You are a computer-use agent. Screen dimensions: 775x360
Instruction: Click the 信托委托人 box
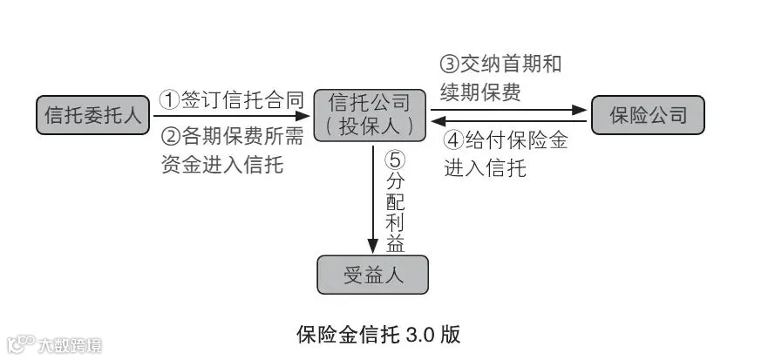tap(93, 115)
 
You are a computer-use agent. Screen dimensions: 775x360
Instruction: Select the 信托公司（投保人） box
tap(370, 115)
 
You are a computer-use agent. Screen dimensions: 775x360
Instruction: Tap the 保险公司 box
tap(648, 115)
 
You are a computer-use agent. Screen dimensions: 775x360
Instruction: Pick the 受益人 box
tap(372, 275)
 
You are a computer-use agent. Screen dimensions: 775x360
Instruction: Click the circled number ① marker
tap(169, 100)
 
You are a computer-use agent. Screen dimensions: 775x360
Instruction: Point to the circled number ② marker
tap(171, 137)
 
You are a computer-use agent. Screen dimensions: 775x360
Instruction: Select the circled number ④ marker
tap(453, 140)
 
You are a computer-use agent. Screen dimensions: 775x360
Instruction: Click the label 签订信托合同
tap(242, 100)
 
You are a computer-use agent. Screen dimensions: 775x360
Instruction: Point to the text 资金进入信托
tap(222, 165)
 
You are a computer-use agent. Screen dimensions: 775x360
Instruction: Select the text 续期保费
tap(480, 92)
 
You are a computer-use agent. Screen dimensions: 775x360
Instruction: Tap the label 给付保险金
tap(516, 140)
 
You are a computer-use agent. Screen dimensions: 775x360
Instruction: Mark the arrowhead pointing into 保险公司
tap(579, 110)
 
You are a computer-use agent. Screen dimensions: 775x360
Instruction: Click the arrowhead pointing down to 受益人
tap(373, 246)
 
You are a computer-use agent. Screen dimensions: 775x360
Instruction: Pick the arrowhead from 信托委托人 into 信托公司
tap(302, 116)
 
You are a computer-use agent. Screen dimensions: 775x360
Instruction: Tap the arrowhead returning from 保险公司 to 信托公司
tap(438, 121)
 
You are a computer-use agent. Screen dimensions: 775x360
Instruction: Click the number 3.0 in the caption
tap(419, 335)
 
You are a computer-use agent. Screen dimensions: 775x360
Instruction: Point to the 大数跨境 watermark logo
tap(53, 345)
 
